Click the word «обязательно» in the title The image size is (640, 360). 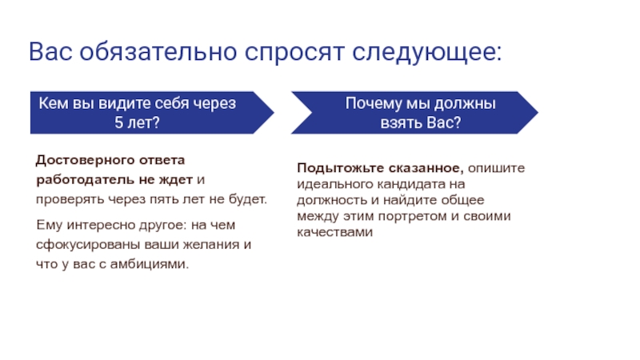(x=158, y=52)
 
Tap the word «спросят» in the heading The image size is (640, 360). (x=294, y=53)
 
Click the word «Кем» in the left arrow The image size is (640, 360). (x=54, y=103)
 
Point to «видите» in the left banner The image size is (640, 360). (x=122, y=104)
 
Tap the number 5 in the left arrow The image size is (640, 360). (x=118, y=122)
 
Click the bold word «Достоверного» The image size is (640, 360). (x=84, y=159)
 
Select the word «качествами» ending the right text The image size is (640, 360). (x=334, y=232)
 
